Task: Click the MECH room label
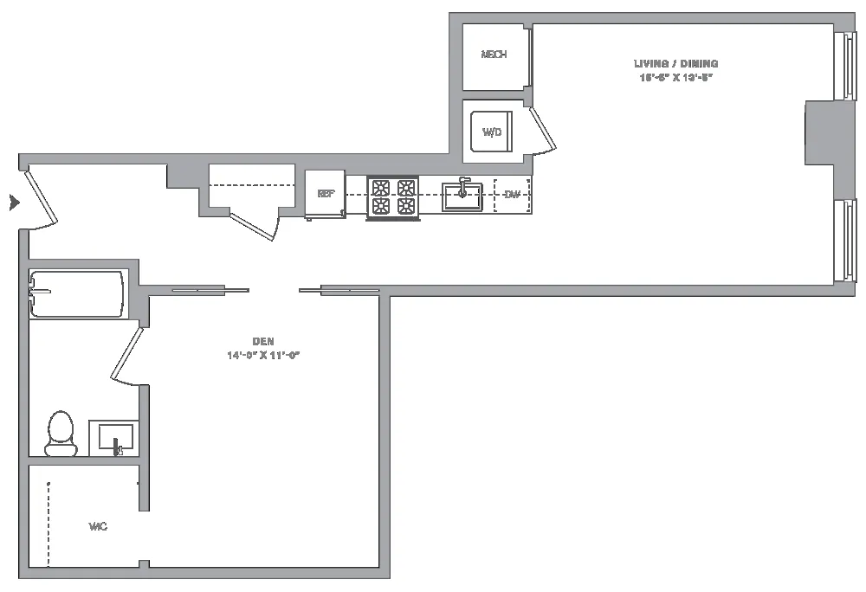pos(494,55)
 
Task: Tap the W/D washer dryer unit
pos(492,132)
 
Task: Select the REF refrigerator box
pos(326,194)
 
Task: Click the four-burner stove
pos(393,197)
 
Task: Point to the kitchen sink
pos(462,196)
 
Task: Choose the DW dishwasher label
pos(513,195)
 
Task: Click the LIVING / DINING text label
pos(676,63)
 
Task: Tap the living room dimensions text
pos(676,77)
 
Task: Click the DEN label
pos(265,342)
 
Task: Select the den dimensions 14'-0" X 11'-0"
pos(265,355)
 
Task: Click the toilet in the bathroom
pos(61,433)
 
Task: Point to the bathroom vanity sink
pos(114,437)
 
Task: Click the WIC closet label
pos(98,526)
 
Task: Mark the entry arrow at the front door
pos(13,203)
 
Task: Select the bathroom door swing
pos(126,352)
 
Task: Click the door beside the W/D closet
pos(542,129)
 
